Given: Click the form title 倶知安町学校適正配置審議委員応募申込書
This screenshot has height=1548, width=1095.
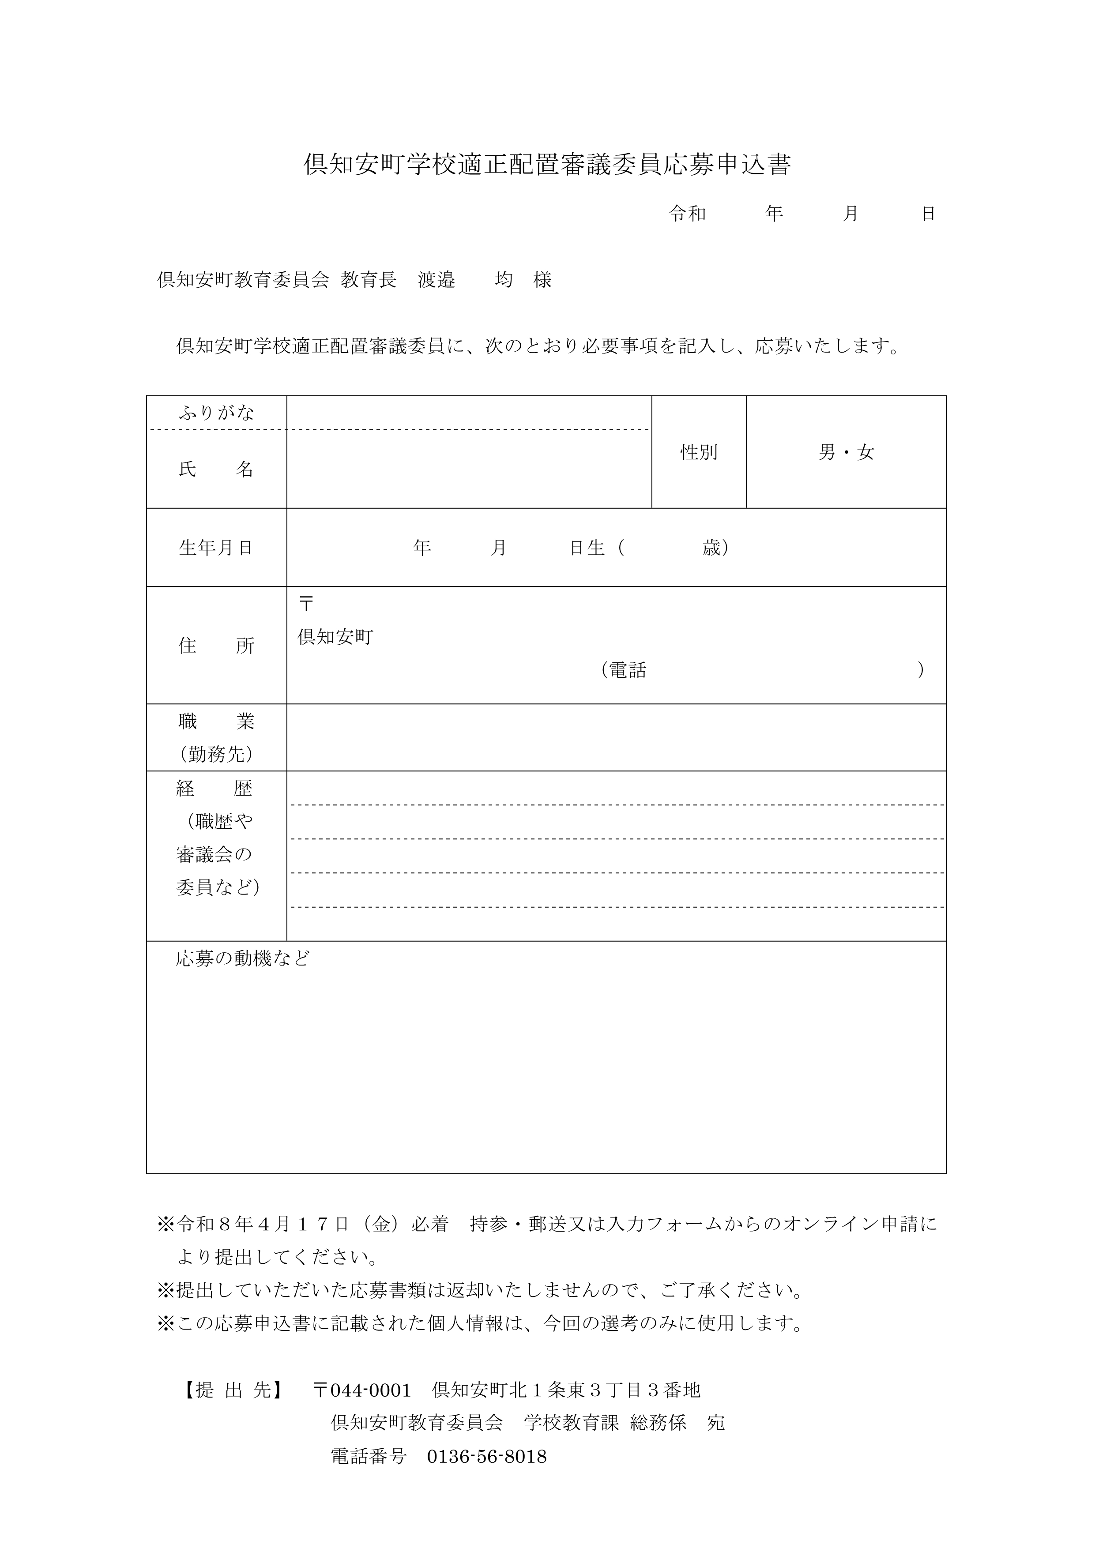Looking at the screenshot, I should coord(547,165).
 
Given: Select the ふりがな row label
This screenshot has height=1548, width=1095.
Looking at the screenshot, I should coord(216,413).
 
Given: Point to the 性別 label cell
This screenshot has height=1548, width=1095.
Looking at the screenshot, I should coord(699,452).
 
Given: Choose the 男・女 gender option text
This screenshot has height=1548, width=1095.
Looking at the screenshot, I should coord(846,452).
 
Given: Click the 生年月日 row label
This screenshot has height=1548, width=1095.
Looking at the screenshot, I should coord(216,548).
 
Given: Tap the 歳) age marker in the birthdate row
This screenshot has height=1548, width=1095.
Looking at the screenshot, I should coord(715,548).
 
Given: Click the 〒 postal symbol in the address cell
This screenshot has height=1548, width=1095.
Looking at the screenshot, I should coord(306,603).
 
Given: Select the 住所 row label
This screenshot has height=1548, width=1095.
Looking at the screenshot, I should coord(216,646).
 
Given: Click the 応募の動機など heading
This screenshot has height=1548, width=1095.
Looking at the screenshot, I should coord(243,959).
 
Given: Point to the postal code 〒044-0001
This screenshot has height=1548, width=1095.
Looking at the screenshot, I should coord(362,1390).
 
